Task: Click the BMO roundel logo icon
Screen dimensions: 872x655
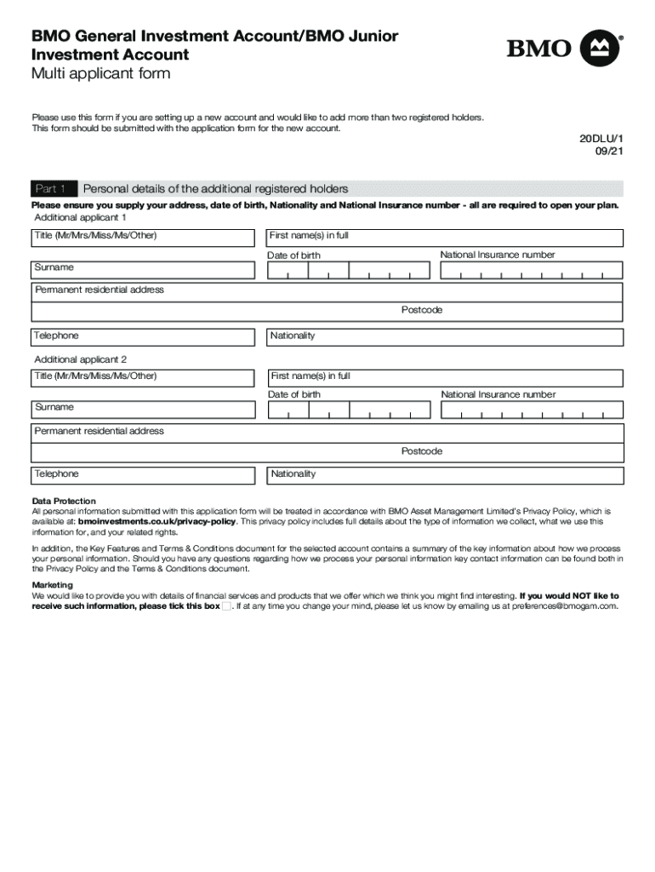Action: [x=601, y=48]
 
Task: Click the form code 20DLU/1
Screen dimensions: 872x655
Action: [x=601, y=138]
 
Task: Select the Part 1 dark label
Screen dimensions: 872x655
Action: [x=54, y=189]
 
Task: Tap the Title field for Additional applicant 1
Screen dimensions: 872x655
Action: [x=143, y=238]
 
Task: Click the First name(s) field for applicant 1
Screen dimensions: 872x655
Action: [x=445, y=238]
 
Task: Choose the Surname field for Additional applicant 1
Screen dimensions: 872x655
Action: [x=143, y=270]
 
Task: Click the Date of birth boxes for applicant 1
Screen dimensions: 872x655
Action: [x=349, y=271]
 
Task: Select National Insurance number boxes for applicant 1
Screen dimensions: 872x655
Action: [x=532, y=271]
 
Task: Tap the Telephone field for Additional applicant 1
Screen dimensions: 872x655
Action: [x=143, y=337]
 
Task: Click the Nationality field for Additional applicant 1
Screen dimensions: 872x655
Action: [x=445, y=337]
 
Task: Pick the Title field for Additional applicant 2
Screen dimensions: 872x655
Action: [x=143, y=377]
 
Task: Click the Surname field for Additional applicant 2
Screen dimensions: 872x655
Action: [x=143, y=410]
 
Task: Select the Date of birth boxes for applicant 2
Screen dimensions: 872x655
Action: [x=349, y=410]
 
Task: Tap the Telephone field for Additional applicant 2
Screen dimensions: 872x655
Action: [x=143, y=475]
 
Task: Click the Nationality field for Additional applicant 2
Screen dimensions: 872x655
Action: [x=445, y=475]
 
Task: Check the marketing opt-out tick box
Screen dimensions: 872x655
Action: [x=226, y=606]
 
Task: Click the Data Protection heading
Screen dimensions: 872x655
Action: [x=64, y=501]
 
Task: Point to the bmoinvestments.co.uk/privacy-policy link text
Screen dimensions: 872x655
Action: [x=157, y=521]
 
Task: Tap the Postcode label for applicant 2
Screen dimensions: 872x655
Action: [x=422, y=451]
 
